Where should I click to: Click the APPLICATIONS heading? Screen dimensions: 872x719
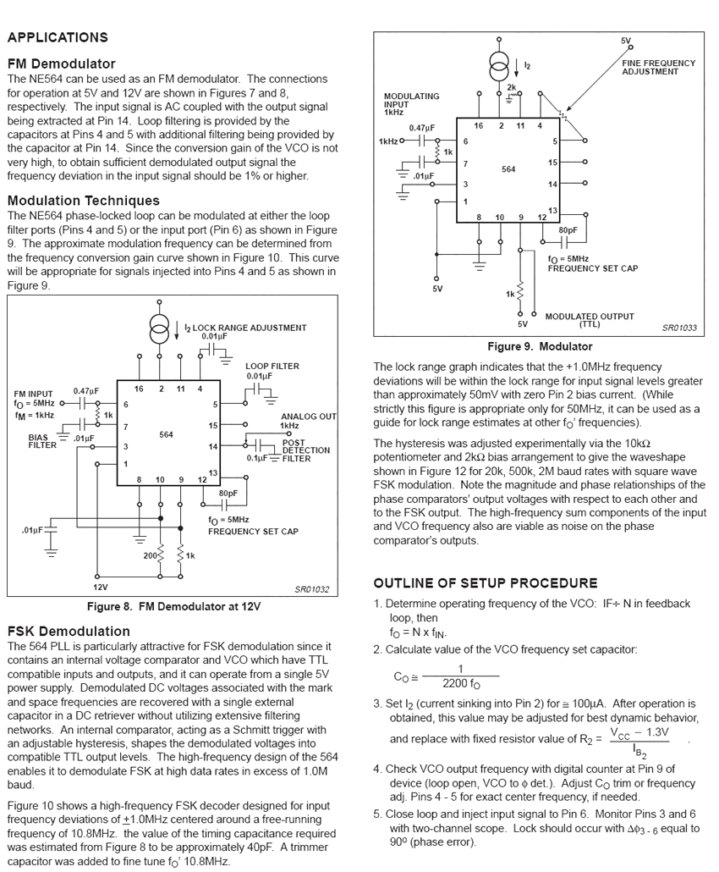click(58, 37)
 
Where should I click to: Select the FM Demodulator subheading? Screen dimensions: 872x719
click(61, 63)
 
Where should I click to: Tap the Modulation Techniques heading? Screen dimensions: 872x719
click(83, 201)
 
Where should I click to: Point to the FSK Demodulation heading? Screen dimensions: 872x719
click(69, 632)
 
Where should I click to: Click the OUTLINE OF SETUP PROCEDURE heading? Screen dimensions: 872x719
click(486, 583)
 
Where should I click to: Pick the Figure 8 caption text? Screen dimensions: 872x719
click(173, 607)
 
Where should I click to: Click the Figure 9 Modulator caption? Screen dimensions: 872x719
click(540, 347)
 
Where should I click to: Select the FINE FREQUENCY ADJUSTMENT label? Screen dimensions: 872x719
click(658, 67)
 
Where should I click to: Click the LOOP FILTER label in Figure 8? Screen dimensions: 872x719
click(272, 367)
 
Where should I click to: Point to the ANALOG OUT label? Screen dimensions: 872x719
click(308, 417)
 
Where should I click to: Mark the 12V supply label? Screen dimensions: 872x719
click(100, 586)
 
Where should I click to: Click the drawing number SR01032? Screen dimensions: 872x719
click(311, 589)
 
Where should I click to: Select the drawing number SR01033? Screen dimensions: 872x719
click(679, 328)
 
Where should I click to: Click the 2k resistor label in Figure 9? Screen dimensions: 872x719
click(511, 86)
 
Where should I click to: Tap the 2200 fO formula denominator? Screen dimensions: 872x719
click(460, 684)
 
